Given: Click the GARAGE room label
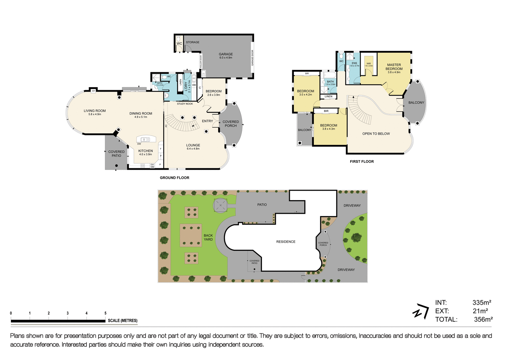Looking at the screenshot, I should coord(226,54).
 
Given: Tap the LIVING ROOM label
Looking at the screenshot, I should coord(95,111).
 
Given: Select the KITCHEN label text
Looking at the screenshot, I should coord(146,151).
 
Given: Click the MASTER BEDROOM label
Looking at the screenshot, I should coord(394,67).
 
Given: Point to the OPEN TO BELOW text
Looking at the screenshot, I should coord(376,134).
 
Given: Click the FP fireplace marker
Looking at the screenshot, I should coord(93,91).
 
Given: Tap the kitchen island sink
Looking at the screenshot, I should coord(146,139).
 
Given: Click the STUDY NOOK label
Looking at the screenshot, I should coord(185,104).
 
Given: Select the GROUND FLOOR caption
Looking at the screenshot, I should coord(174,178).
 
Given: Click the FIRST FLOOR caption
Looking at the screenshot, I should coord(362,162).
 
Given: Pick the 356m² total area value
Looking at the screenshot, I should coord(483,319).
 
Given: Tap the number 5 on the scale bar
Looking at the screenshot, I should coord(106,313).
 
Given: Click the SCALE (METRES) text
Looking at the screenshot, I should coord(122,321).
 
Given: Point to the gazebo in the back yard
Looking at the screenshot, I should coord(220,205).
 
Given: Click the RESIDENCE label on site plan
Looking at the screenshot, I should coord(286,242).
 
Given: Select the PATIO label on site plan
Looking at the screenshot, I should coord(262,205).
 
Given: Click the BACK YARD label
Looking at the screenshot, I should coord(208,238).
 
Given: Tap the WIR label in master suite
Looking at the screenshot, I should coord(369,63).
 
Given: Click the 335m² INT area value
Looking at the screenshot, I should coord(482,302).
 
